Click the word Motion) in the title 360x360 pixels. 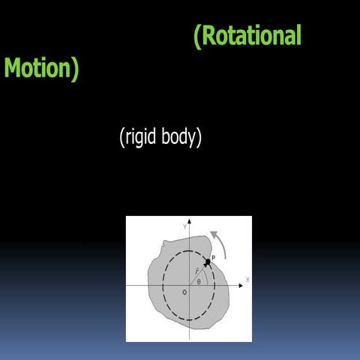(x=41, y=68)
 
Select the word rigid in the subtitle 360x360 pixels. (x=145, y=138)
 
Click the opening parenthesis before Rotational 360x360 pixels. (x=197, y=36)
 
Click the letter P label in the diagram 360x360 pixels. (x=214, y=257)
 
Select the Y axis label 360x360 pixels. (x=184, y=224)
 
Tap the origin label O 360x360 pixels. (x=184, y=292)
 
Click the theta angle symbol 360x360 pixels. (x=199, y=282)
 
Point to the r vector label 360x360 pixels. (x=196, y=271)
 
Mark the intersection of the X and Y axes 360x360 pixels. (x=190, y=285)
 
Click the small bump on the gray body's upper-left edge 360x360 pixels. (x=165, y=244)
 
